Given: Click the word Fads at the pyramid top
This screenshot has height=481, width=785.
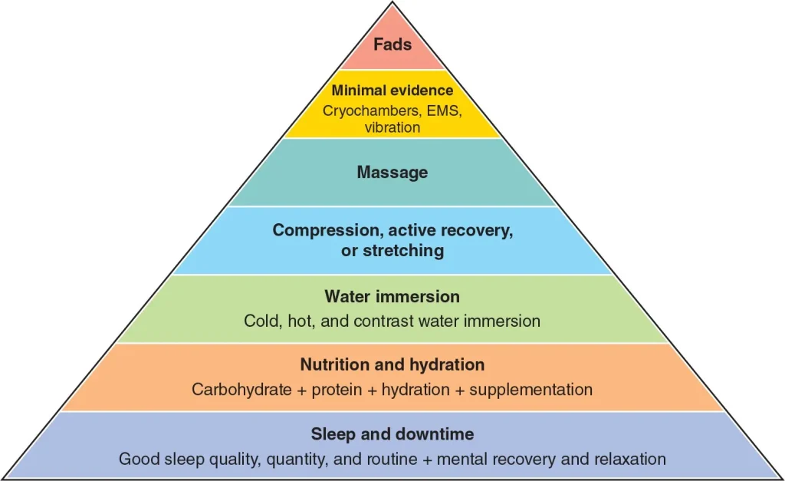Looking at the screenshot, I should point(392,44).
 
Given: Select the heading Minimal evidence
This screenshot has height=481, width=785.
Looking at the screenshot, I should point(392,91).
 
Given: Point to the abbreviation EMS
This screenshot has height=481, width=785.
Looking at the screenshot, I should point(445,110).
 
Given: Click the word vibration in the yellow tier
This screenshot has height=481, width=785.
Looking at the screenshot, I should point(392,127).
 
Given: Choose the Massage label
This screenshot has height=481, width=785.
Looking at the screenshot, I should point(392,172).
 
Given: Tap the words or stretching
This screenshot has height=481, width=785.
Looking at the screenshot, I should point(392,250).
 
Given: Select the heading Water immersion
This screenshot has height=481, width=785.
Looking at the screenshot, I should point(392,296).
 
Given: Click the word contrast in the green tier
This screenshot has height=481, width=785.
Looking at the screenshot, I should point(382,321).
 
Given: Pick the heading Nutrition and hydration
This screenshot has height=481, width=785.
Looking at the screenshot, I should point(392,365).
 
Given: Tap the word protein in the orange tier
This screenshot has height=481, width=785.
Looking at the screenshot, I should point(332,390).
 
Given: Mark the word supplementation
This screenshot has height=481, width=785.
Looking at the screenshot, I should point(530,390).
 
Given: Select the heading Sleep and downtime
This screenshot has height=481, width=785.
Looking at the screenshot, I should point(392,434).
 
